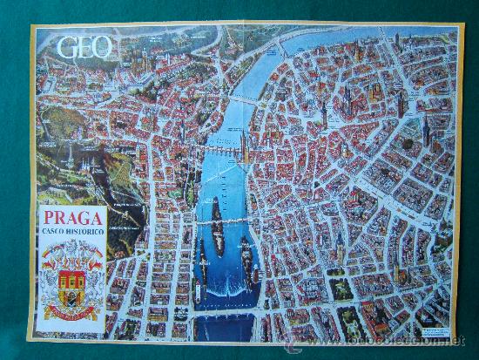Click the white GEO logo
pos(84,46)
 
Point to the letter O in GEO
pos(102,46)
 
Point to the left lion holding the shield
pos(51,279)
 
